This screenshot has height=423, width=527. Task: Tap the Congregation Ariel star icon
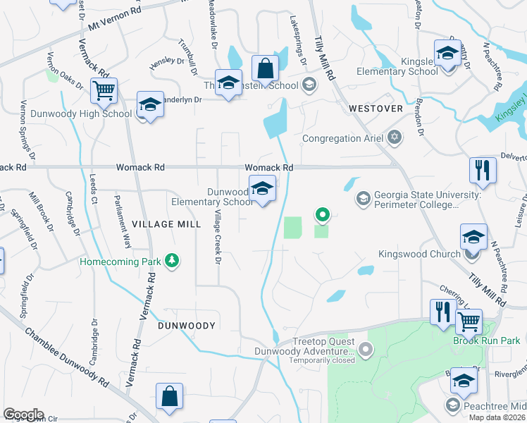point(395,138)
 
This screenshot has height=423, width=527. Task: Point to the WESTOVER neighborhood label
point(376,109)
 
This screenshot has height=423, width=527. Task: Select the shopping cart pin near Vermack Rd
point(104,90)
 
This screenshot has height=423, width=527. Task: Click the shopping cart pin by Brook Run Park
point(469,322)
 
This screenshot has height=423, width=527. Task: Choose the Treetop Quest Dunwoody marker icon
point(365,348)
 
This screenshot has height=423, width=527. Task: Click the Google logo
point(23,415)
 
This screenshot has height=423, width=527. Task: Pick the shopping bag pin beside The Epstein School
point(266,69)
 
